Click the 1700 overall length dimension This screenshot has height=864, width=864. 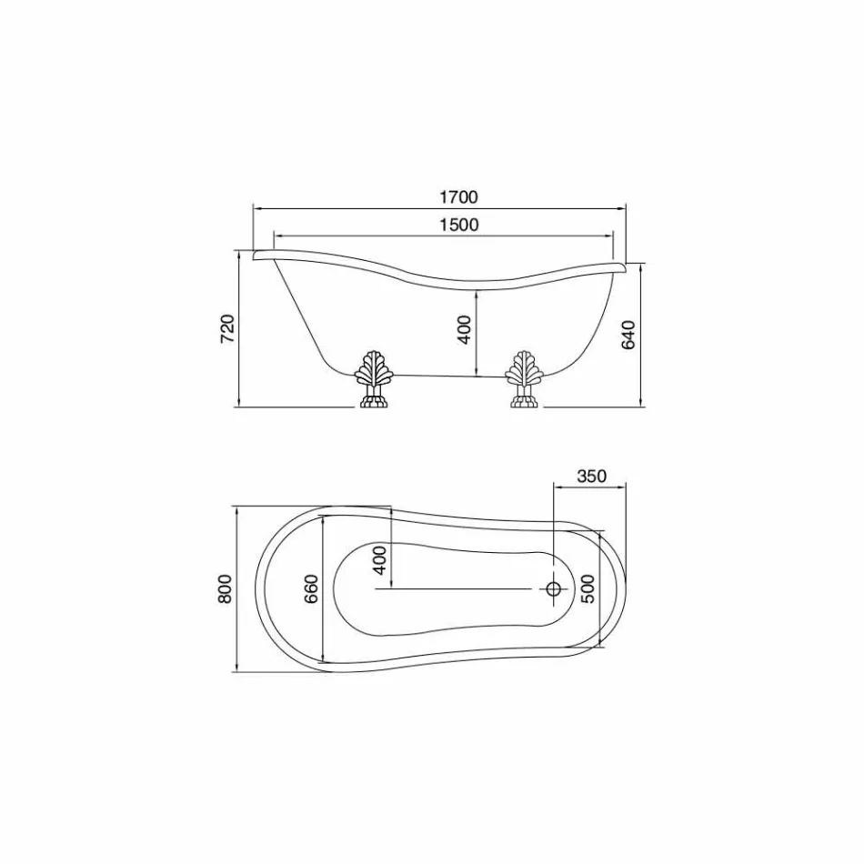(x=458, y=196)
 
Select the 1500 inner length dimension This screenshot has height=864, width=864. (x=459, y=225)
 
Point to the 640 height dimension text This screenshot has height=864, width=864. (x=628, y=335)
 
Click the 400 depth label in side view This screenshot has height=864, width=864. (x=465, y=329)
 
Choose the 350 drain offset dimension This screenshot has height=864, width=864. (x=591, y=476)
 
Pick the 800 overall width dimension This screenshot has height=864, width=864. (x=225, y=588)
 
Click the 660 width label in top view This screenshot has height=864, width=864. (x=311, y=588)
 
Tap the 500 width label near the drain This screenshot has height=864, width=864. (x=588, y=588)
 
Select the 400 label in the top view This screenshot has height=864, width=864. (x=379, y=559)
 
